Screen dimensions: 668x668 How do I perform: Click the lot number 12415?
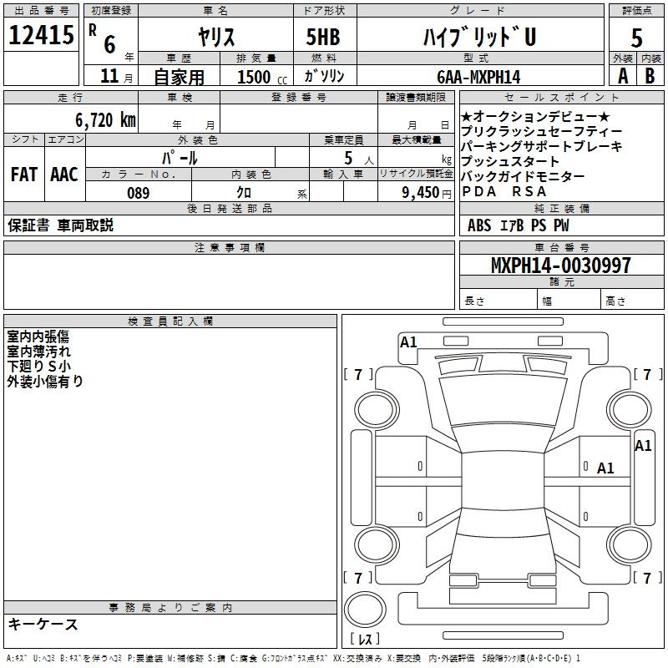pyautogui.click(x=41, y=35)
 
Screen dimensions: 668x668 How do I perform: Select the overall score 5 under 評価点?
pyautogui.click(x=636, y=38)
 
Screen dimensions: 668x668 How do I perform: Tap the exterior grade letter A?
pyautogui.click(x=623, y=76)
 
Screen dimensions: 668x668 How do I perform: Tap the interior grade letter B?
pyautogui.click(x=650, y=76)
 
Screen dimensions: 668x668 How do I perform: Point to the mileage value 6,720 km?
pyautogui.click(x=106, y=120)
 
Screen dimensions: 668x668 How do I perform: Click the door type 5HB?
pyautogui.click(x=323, y=37)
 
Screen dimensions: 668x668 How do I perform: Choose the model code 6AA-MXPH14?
pyautogui.click(x=478, y=77)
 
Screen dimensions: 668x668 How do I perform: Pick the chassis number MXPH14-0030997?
pyautogui.click(x=561, y=265)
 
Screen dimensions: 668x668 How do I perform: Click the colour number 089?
pyautogui.click(x=139, y=193)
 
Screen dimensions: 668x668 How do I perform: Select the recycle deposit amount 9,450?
pyautogui.click(x=421, y=193)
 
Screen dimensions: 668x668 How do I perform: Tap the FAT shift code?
pyautogui.click(x=24, y=175)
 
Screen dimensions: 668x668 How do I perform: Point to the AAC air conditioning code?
pyautogui.click(x=64, y=175)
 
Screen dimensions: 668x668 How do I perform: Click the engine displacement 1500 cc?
pyautogui.click(x=262, y=77)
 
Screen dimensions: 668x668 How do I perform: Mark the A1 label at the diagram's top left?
pyautogui.click(x=408, y=342)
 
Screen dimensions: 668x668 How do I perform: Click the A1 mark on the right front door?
pyautogui.click(x=605, y=468)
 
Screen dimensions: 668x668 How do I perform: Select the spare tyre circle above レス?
pyautogui.click(x=365, y=610)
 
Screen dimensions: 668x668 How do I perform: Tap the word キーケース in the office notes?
pyautogui.click(x=43, y=624)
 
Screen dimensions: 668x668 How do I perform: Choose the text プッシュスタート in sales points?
pyautogui.click(x=510, y=161)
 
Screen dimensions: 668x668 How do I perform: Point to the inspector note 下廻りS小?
pyautogui.click(x=38, y=367)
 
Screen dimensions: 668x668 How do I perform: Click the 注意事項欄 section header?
pyautogui.click(x=230, y=247)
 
